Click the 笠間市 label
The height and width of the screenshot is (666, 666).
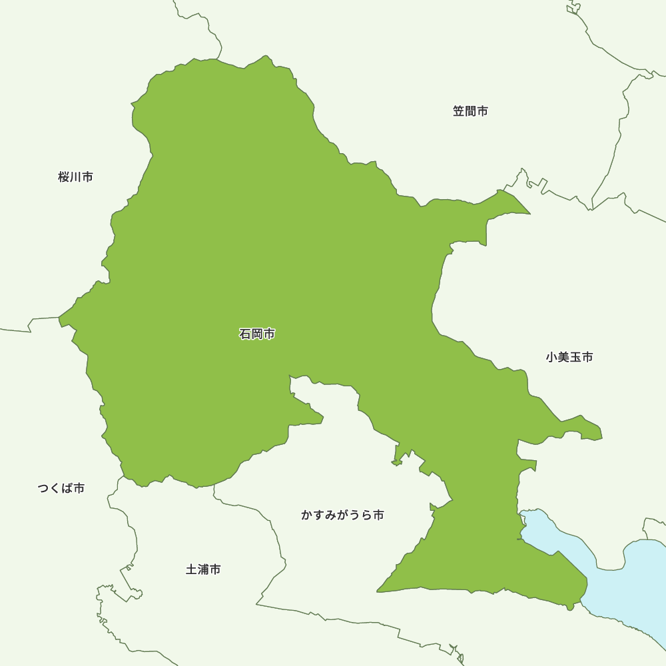tap(470, 111)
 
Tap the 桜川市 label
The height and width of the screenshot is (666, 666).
tap(75, 177)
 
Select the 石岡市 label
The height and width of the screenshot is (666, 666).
tap(257, 334)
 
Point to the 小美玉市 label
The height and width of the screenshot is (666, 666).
tap(569, 357)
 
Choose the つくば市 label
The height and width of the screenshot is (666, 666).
tap(61, 488)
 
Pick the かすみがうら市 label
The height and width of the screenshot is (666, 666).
tap(342, 515)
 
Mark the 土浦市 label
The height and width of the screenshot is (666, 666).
tap(203, 569)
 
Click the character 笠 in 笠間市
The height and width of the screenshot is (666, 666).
tap(459, 111)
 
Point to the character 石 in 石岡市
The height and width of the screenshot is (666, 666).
tap(245, 334)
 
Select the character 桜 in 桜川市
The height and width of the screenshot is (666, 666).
tap(64, 177)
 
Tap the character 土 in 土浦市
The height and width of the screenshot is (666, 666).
tap(191, 569)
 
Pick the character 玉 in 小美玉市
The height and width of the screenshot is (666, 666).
tap(575, 357)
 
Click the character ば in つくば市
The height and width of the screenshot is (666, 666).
tap(67, 488)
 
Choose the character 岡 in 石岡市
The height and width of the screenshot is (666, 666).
tap(257, 334)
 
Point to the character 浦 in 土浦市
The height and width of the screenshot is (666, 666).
tap(203, 569)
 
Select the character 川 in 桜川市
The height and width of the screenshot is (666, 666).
tap(75, 177)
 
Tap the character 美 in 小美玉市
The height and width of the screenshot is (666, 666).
tap(563, 357)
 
